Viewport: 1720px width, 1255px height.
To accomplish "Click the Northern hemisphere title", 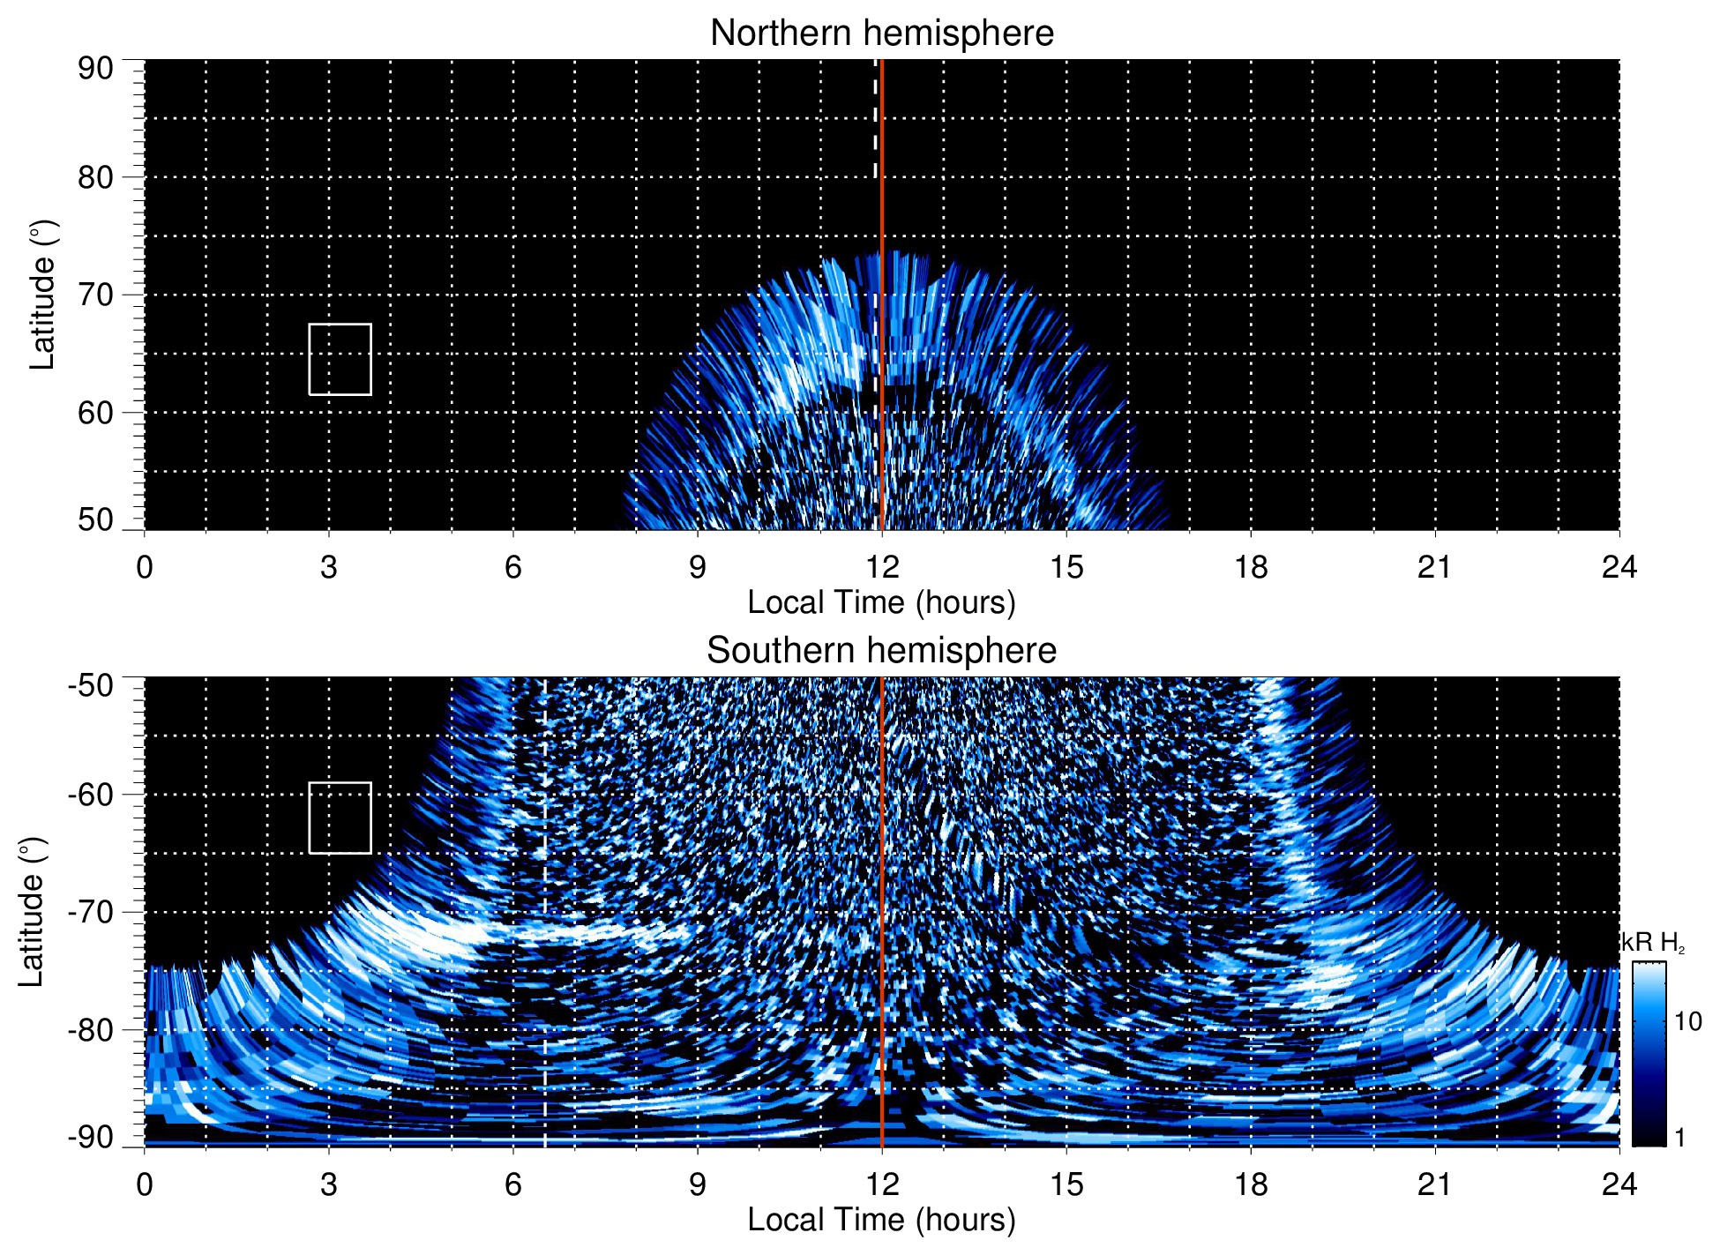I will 881,34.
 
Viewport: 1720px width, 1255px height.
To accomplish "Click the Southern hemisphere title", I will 881,651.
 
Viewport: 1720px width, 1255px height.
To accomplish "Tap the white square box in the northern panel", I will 340,359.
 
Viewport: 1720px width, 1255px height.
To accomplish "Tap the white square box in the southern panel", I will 340,818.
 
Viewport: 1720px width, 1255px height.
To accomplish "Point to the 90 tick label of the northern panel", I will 95,69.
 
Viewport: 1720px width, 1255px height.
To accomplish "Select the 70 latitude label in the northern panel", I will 95,295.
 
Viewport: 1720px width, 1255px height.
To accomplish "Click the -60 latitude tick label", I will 91,795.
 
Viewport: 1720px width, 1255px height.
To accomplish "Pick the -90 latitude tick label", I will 91,1138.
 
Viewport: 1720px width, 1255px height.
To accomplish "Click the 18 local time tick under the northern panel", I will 1250,567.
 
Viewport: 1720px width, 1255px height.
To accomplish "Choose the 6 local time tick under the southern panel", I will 513,1184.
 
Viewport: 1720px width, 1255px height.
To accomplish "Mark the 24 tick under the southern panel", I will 1619,1184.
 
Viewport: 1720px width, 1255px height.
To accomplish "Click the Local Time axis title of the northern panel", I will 881,602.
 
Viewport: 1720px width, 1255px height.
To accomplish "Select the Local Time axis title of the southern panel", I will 881,1220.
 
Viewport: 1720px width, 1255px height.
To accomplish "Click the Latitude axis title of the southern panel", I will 32,912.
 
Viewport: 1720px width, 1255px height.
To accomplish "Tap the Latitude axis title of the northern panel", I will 42,295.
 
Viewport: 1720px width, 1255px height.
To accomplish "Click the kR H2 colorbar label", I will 1653,943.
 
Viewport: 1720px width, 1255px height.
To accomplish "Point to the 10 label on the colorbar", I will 1687,1022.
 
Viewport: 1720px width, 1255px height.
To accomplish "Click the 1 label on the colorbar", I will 1679,1138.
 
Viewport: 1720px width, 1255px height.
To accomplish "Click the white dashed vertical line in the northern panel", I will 876,123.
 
